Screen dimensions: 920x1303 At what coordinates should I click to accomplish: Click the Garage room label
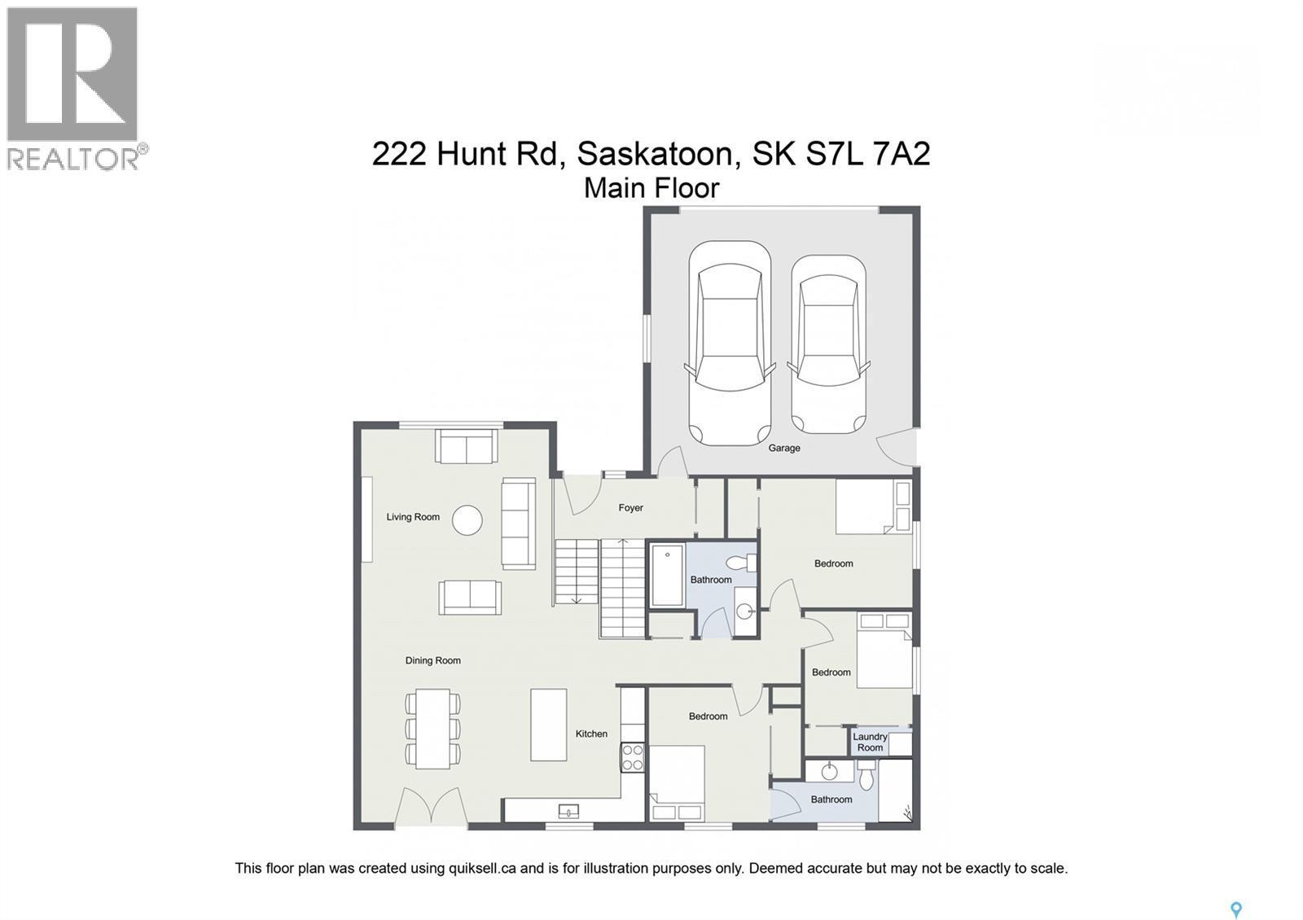[784, 448]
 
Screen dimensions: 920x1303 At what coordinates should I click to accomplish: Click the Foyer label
[630, 508]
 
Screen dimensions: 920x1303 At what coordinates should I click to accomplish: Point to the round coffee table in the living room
[467, 520]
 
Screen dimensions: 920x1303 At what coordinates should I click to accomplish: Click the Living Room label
[413, 517]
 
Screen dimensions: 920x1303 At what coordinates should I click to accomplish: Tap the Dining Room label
[432, 660]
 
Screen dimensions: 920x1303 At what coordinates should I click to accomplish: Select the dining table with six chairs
[432, 729]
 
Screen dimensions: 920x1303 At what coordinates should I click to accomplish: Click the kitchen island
[549, 725]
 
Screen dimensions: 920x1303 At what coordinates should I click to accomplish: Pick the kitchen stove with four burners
[633, 757]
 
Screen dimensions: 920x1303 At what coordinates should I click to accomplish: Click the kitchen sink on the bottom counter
[568, 810]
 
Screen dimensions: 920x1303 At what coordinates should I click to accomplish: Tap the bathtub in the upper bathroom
[667, 576]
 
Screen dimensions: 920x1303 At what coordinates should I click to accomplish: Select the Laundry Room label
[870, 742]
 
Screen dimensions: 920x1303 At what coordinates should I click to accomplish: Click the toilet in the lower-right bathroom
[866, 777]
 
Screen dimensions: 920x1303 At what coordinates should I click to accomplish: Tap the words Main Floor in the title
[651, 188]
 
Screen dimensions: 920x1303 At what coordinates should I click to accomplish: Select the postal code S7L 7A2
[868, 153]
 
